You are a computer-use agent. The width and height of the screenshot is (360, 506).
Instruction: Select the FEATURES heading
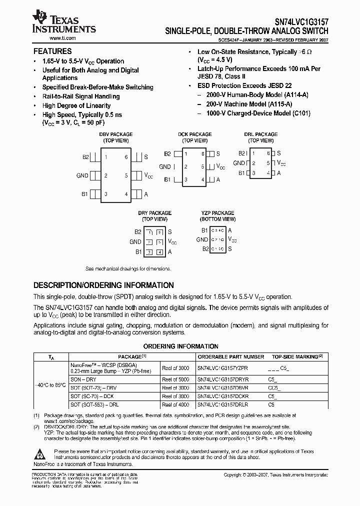(52, 51)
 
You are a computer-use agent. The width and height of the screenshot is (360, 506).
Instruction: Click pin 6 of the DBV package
(126, 157)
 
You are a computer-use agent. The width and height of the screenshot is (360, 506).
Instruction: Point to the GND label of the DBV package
(82, 175)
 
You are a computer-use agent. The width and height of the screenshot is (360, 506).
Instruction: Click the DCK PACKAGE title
(195, 134)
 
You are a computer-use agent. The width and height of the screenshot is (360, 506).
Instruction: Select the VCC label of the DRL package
(281, 163)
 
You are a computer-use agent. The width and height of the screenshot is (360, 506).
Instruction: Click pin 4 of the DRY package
(159, 252)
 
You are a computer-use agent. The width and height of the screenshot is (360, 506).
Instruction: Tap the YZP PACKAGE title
(217, 213)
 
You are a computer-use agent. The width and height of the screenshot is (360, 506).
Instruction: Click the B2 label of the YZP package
(205, 248)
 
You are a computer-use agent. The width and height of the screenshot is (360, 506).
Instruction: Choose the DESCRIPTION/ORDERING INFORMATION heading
(103, 285)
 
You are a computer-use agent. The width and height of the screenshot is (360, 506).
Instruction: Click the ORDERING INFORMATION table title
(180, 346)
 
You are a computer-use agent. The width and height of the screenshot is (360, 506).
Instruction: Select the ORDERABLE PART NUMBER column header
(231, 357)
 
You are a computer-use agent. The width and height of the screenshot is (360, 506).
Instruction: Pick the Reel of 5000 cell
(175, 379)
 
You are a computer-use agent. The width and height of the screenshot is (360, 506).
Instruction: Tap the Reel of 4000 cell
(175, 403)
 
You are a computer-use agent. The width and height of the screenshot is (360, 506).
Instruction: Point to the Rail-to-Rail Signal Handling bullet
(81, 96)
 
